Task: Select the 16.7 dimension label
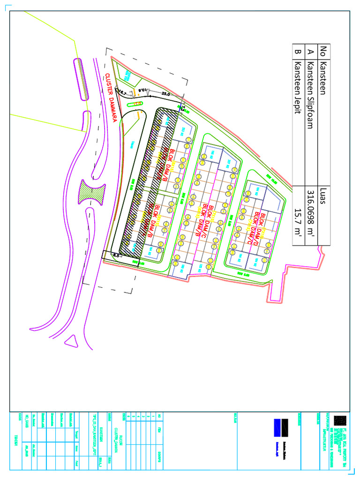123,93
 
